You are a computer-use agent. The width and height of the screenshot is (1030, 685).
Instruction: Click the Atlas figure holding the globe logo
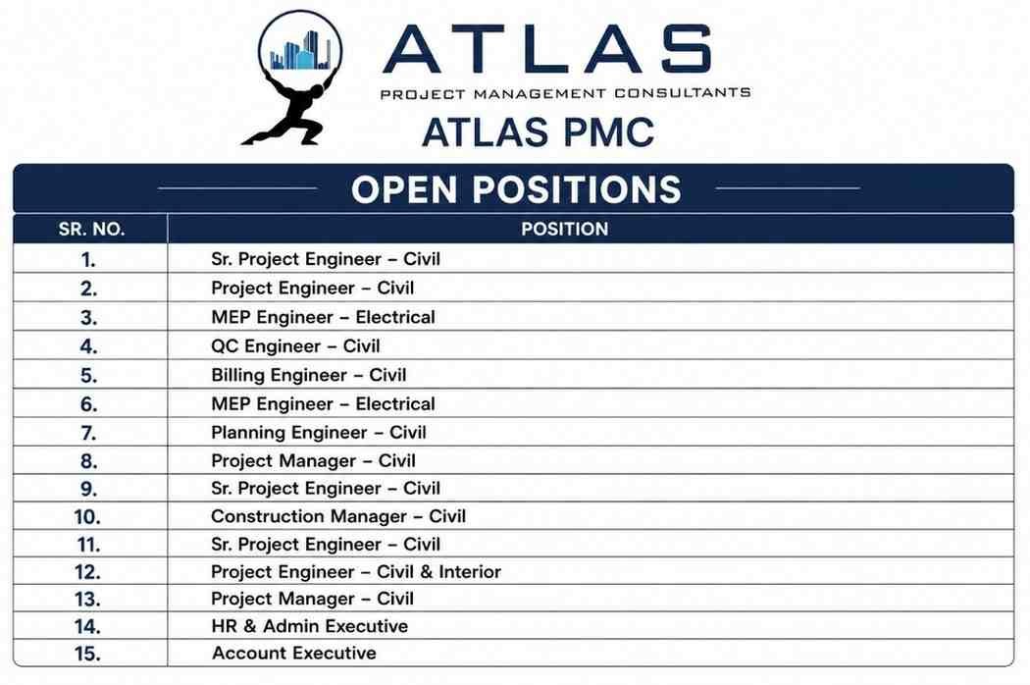coord(292,78)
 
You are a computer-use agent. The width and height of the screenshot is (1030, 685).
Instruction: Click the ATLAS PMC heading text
coord(538,132)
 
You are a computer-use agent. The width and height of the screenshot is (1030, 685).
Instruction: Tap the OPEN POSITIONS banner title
coord(516,189)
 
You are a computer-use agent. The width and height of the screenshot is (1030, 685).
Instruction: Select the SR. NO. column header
coord(91,230)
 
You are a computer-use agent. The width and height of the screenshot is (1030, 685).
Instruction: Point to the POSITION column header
coord(564,230)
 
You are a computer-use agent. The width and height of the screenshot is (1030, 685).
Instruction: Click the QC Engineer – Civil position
coord(295,346)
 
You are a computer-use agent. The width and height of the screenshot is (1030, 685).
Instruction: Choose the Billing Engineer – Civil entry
coord(309,375)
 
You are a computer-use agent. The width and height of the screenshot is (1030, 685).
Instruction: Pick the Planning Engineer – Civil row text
coord(319,433)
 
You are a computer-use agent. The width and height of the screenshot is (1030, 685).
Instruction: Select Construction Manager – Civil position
coord(338,517)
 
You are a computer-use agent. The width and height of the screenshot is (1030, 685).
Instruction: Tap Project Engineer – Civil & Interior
coord(356,572)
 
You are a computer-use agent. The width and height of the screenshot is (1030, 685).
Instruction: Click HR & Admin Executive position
coord(309,626)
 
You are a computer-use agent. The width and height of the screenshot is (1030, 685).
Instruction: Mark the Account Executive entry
coord(293,653)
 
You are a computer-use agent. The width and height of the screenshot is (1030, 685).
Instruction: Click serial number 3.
coord(88,318)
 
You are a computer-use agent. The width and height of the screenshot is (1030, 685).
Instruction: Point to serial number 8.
coord(88,461)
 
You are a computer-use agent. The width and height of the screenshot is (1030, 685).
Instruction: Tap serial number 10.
coord(87,517)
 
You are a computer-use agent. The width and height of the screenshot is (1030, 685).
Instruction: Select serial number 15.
coord(87,655)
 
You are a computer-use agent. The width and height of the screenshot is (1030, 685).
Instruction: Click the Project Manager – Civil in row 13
coord(312,599)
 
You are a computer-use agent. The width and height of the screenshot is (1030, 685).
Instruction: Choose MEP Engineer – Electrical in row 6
coord(323,403)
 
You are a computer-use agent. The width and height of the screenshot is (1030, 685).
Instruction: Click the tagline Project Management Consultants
coord(566,93)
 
